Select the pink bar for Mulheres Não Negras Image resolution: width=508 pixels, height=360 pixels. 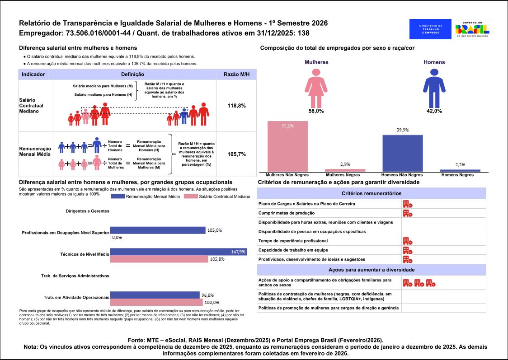(x=287, y=146)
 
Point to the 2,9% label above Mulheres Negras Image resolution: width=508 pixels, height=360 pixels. (x=345, y=164)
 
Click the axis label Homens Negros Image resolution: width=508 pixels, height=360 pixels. (x=458, y=175)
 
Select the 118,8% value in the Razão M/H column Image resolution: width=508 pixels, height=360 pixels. (x=236, y=105)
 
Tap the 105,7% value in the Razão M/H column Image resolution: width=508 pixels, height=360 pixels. (x=236, y=154)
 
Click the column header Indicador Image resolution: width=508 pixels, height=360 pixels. (x=33, y=74)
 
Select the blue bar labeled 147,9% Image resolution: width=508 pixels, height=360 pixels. (x=179, y=252)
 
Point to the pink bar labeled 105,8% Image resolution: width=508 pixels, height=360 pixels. (x=159, y=259)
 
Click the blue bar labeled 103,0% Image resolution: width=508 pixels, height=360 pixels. (x=158, y=230)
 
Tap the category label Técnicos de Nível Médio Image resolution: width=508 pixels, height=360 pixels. (x=85, y=254)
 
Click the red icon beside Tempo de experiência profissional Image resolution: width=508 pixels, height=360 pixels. (x=407, y=241)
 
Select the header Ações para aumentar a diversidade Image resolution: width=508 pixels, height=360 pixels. (x=372, y=270)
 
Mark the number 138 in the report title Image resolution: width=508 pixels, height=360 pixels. (x=304, y=33)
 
